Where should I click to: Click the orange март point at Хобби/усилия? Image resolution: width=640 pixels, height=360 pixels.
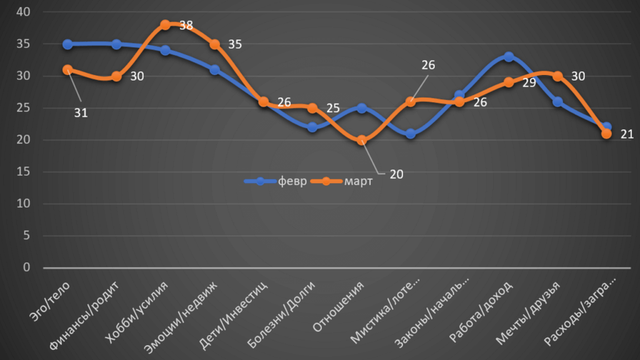click(165, 25)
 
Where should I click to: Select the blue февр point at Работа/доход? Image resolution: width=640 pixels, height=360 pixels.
click(509, 57)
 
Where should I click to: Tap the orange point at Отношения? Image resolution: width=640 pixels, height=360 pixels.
click(361, 140)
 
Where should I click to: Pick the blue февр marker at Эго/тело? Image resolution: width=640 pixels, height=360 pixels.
click(67, 44)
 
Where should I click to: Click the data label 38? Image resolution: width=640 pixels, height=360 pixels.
click(186, 26)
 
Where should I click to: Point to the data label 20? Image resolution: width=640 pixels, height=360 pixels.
click(396, 174)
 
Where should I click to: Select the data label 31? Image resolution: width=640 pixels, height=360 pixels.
click(81, 113)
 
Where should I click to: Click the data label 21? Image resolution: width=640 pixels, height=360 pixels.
click(627, 134)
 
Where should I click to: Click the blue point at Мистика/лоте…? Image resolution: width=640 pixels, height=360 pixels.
click(411, 134)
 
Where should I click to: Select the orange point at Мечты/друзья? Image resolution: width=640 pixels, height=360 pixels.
click(557, 76)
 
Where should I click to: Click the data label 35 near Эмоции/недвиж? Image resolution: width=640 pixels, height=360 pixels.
click(234, 44)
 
